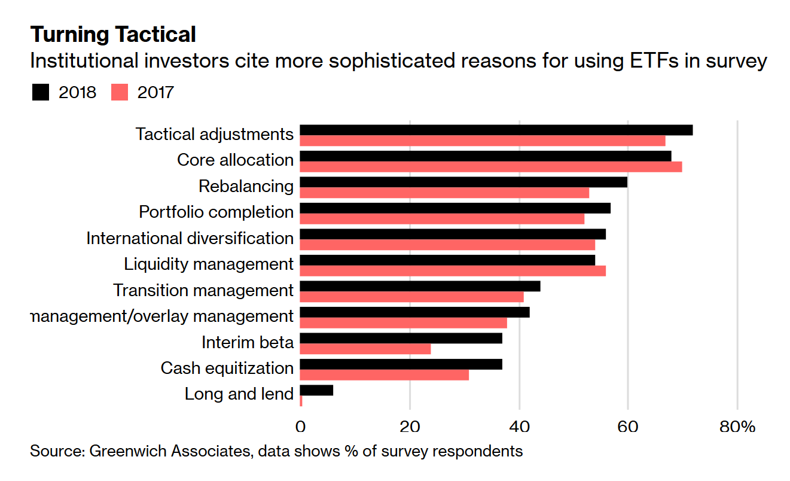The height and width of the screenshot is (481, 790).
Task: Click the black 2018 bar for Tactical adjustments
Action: (496, 130)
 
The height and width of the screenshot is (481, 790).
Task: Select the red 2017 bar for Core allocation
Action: (490, 167)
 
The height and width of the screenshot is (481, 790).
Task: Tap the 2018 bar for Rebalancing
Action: (463, 182)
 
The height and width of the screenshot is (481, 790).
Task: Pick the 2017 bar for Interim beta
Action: (365, 349)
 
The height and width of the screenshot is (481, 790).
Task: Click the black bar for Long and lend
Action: (316, 390)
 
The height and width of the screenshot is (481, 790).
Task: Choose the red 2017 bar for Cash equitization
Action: (384, 375)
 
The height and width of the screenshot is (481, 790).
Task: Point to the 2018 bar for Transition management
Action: (420, 286)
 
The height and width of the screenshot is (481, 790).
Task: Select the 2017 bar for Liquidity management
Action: (452, 271)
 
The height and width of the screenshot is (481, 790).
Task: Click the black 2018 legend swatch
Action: (41, 93)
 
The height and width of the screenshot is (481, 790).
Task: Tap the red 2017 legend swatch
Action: (120, 93)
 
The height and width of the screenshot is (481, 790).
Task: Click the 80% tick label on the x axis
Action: (737, 427)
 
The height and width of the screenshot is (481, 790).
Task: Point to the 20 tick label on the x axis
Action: (410, 427)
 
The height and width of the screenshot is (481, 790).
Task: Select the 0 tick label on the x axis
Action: (300, 427)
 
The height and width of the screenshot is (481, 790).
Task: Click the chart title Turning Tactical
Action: (113, 35)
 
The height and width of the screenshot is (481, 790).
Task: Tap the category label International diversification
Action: (190, 238)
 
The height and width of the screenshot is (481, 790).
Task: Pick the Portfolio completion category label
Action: (216, 212)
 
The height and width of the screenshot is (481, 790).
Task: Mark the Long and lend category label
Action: (239, 394)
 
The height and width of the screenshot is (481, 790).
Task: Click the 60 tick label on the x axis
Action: (628, 427)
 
